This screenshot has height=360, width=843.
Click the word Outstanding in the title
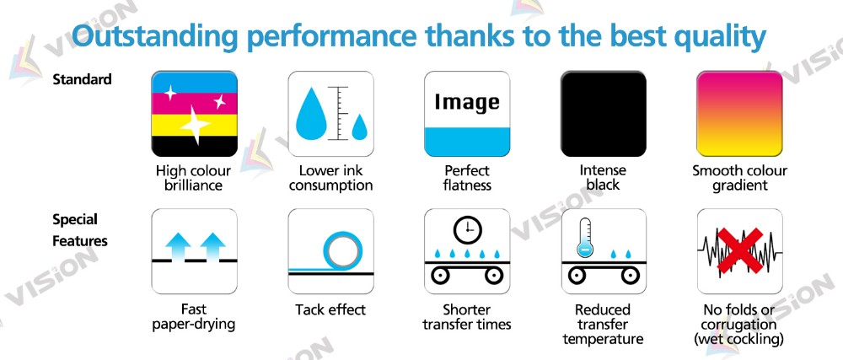[x=155, y=36]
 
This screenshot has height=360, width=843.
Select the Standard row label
[x=83, y=79]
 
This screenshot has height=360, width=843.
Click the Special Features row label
[x=79, y=230]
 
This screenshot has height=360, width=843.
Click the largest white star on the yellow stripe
[x=195, y=125]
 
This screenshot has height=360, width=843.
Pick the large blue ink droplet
[x=312, y=115]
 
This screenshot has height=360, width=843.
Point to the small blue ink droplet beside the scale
[x=359, y=128]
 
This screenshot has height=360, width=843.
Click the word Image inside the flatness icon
[x=467, y=101]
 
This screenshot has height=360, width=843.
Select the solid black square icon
[x=604, y=114]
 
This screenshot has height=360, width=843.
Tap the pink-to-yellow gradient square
[x=739, y=114]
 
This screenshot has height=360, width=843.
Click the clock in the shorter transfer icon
[x=467, y=230]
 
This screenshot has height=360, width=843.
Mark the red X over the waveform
[x=740, y=250]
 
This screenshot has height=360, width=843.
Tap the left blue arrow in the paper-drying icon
[x=179, y=247]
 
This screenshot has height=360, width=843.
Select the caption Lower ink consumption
[x=330, y=179]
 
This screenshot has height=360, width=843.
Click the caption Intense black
[x=603, y=178]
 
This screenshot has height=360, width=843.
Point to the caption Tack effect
[x=330, y=309]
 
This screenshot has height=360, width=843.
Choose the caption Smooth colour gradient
[x=739, y=179]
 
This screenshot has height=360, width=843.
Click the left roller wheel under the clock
[x=440, y=276]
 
